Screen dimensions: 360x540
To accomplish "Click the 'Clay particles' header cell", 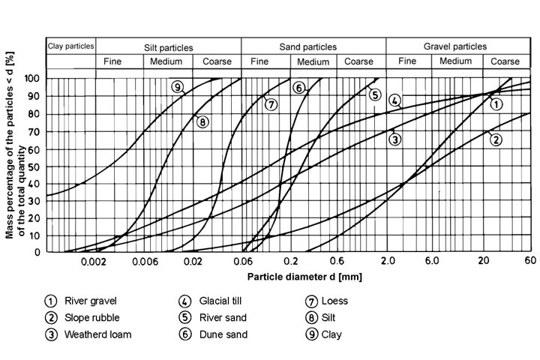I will coord(70,46).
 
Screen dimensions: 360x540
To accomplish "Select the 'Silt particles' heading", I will coord(168,46).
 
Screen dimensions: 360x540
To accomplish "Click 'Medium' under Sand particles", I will coord(313,61).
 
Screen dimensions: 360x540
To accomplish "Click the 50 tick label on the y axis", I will coord(34,165).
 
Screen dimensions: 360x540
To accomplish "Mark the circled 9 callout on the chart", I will coord(177,88).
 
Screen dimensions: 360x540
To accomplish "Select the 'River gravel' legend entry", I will coord(91,301).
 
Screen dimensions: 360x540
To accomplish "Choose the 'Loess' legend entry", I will coord(334,301).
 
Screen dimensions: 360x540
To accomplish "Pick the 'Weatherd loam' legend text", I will coord(100,335).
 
